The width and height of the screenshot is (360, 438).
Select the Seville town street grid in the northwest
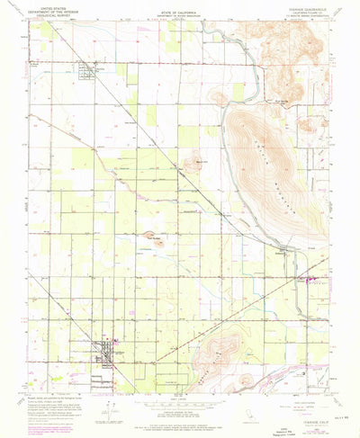87,69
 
